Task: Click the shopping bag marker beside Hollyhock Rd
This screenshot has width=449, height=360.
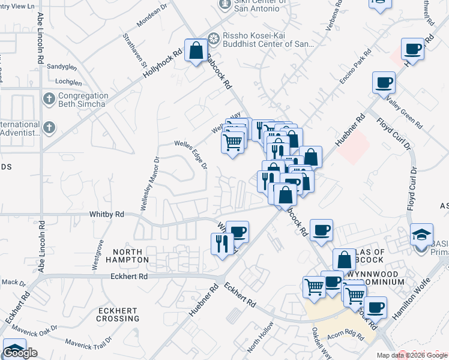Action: click(x=196, y=50)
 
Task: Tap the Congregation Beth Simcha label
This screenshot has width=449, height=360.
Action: click(x=83, y=100)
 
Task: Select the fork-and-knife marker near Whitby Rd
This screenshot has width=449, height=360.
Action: click(x=221, y=244)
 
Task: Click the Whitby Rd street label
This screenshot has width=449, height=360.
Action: click(x=106, y=214)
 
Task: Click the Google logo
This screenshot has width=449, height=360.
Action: click(x=20, y=353)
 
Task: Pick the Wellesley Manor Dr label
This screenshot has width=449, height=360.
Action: click(x=143, y=183)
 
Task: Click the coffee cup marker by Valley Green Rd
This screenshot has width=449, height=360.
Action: click(x=383, y=83)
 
